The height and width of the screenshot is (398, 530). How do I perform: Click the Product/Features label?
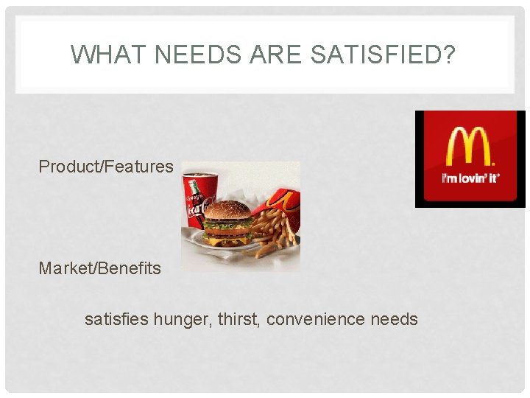(x=106, y=167)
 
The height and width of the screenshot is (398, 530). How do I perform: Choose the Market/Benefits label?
(x=99, y=268)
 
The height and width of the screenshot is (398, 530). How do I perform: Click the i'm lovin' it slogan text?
(x=470, y=179)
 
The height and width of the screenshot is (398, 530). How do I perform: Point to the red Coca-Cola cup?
(x=198, y=199)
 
